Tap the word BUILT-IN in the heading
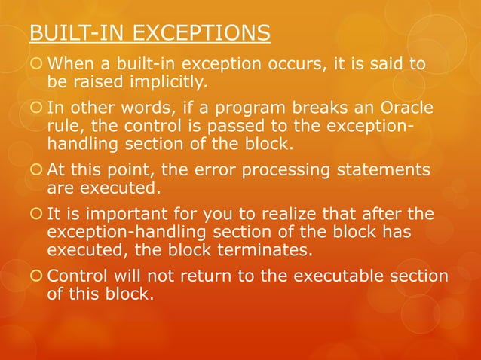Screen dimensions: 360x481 [72, 34]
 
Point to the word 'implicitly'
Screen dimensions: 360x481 [163, 81]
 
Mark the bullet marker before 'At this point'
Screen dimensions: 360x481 [35, 171]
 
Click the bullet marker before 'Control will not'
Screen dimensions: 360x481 [35, 276]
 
